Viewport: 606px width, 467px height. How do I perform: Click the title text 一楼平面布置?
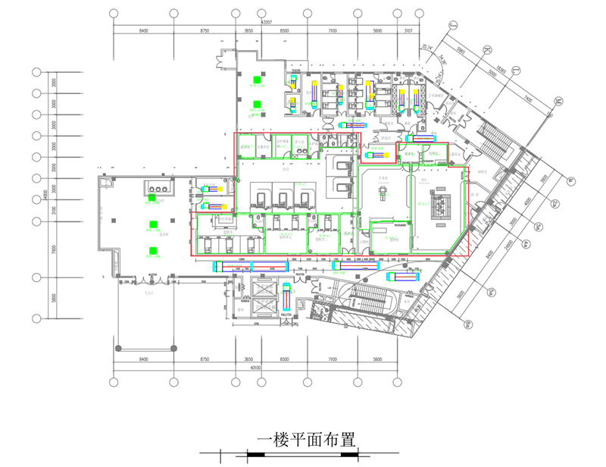click(x=306, y=440)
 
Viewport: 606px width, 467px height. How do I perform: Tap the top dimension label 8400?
click(x=143, y=30)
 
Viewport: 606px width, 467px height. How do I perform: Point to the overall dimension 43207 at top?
click(x=266, y=23)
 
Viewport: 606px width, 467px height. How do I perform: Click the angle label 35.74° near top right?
click(x=428, y=49)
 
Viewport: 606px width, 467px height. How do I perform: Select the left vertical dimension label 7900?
click(x=54, y=250)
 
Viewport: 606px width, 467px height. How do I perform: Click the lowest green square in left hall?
click(x=153, y=250)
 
